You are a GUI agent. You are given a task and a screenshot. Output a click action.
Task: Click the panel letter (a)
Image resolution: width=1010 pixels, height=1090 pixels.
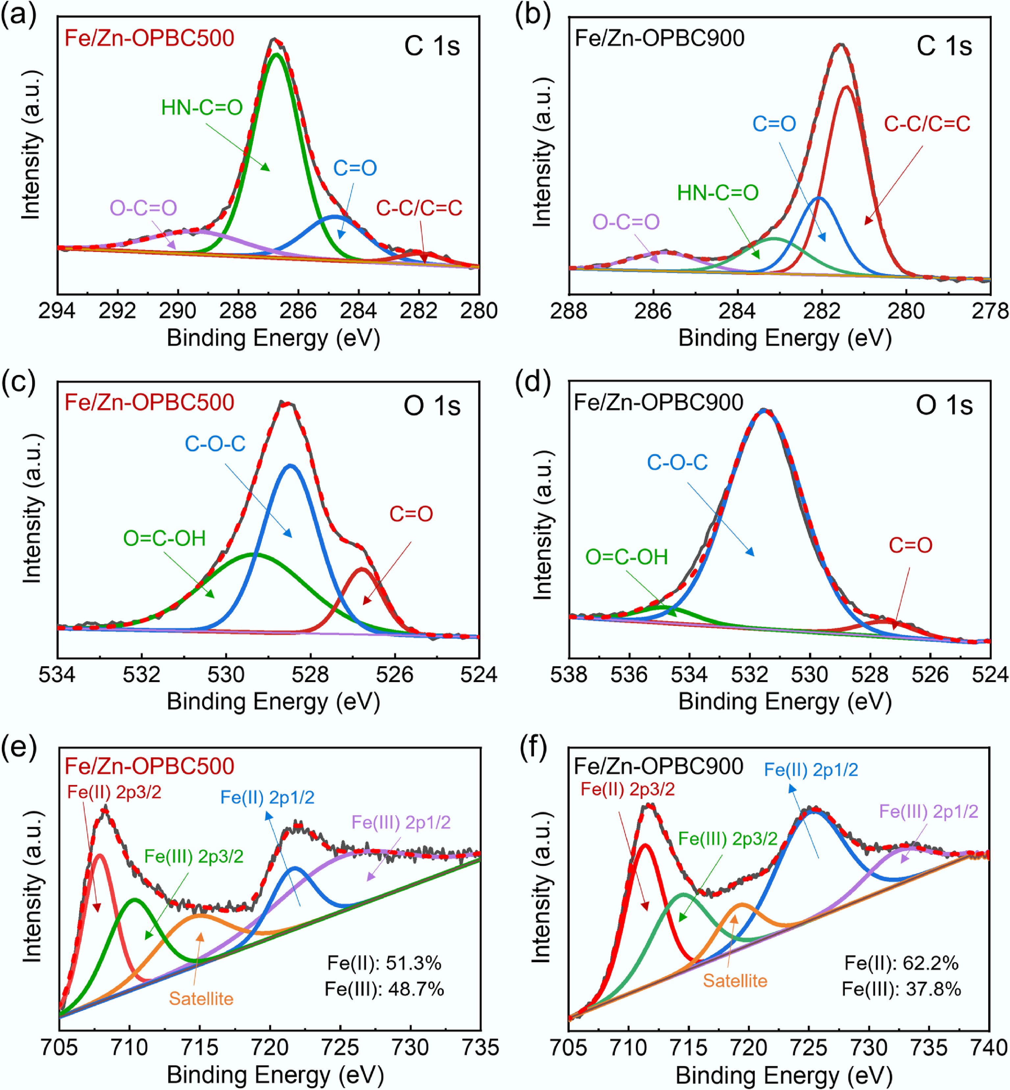click(x=19, y=15)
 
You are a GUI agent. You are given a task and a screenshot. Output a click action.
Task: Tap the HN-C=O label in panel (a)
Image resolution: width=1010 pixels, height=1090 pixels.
click(x=202, y=108)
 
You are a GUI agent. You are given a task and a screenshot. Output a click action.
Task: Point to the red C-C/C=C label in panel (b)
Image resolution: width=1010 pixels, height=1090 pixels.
click(x=927, y=124)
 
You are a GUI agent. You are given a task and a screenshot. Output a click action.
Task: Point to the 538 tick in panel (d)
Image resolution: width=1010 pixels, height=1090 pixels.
click(x=569, y=675)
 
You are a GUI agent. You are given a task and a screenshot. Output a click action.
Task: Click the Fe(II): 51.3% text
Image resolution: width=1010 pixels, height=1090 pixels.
click(x=384, y=963)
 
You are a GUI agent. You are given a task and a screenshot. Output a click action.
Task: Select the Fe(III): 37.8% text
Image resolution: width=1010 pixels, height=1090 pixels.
click(x=901, y=989)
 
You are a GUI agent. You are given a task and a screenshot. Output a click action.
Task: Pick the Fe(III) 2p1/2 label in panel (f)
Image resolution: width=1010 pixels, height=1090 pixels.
click(x=928, y=811)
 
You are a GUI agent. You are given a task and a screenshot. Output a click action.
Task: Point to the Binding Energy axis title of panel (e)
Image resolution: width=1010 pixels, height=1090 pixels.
click(x=275, y=1074)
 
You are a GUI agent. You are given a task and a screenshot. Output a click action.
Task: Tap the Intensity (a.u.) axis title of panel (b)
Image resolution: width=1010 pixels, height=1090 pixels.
click(x=542, y=152)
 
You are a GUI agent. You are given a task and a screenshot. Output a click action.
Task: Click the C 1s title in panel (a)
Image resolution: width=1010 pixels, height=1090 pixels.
click(x=432, y=46)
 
